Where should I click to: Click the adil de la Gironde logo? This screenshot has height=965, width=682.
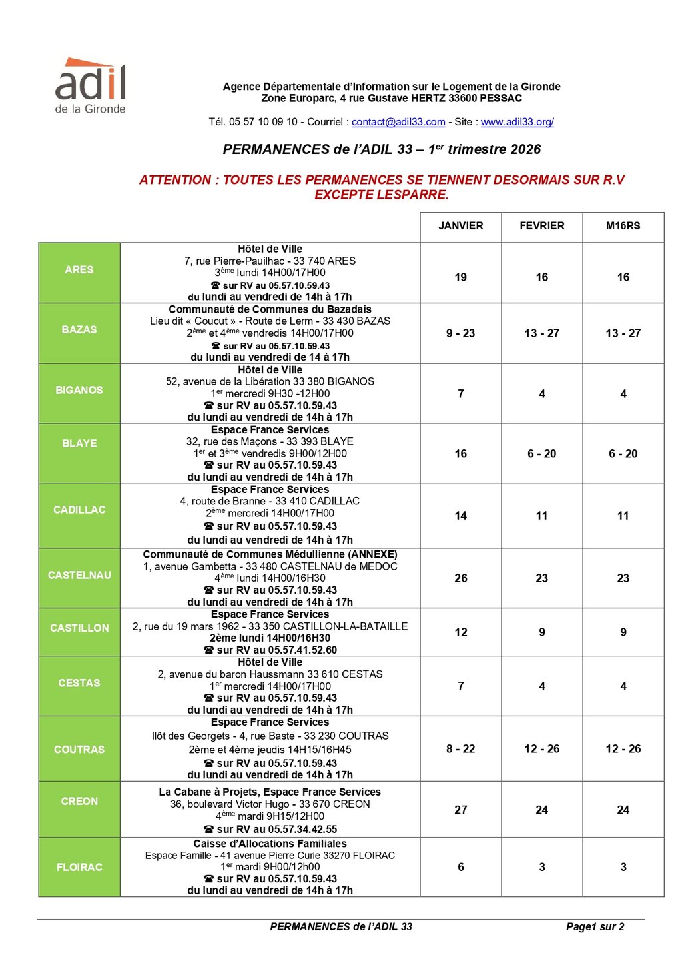(x=90, y=86)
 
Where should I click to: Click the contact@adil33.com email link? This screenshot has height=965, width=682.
(x=398, y=122)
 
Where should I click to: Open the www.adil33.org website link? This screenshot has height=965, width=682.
(x=517, y=122)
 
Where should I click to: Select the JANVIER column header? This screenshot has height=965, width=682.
(x=461, y=226)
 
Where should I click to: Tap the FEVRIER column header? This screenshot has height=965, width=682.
(x=542, y=226)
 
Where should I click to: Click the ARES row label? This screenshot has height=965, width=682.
(x=79, y=270)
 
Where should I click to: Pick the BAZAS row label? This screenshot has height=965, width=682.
(x=79, y=330)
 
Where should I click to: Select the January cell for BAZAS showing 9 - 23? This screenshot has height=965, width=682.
(x=461, y=333)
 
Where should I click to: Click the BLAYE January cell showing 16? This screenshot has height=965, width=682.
(x=461, y=454)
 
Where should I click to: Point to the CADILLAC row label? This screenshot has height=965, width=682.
(x=79, y=510)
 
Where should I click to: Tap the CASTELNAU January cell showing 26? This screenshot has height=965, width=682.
(x=461, y=578)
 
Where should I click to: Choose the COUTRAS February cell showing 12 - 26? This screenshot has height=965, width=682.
(x=542, y=749)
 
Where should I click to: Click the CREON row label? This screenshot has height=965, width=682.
(x=79, y=802)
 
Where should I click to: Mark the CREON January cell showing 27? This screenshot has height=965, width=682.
(x=461, y=810)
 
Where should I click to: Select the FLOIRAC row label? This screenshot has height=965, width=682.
(x=79, y=867)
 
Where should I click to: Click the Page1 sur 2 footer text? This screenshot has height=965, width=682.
(x=595, y=927)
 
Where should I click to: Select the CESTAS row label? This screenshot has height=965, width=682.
(x=79, y=683)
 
